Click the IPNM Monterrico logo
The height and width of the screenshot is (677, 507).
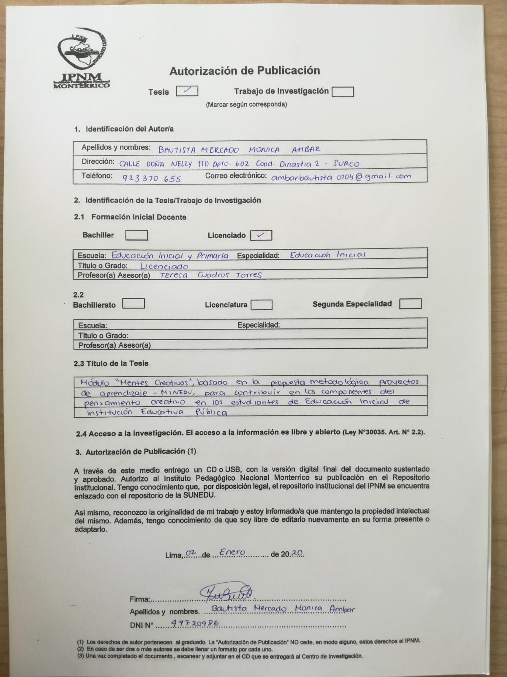pos(82,61)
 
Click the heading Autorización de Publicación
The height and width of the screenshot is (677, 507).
pos(245,71)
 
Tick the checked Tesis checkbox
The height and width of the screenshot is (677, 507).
pos(187,91)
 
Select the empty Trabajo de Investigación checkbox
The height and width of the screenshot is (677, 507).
pos(343,91)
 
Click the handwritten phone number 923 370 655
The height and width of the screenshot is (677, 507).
pos(152,178)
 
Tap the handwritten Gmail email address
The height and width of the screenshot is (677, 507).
pos(341,177)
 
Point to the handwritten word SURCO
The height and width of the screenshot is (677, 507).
pos(346,163)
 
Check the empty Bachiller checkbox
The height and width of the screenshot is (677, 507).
pos(137,235)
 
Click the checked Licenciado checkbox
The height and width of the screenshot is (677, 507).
pos(261,235)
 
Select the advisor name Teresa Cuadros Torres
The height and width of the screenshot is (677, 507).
pos(210,275)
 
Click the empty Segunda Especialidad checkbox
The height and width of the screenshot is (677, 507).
pos(410,304)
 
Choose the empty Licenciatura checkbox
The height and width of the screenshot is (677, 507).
pos(261,305)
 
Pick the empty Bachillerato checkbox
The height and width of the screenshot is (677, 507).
pos(134,304)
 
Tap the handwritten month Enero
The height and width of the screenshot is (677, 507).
pos(232,552)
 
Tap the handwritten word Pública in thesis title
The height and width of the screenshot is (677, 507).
pos(211,412)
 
